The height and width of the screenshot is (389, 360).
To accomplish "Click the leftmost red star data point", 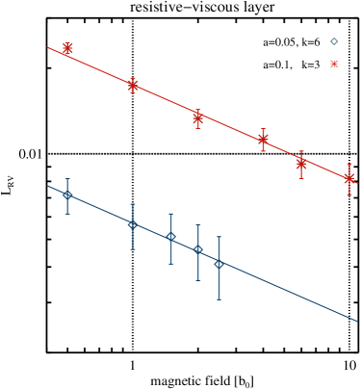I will coord(67,48).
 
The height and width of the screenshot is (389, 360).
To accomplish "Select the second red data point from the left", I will coord(133,85).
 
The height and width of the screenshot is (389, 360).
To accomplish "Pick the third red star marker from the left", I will coord(198,117).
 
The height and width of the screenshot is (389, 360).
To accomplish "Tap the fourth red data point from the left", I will coord(263,140).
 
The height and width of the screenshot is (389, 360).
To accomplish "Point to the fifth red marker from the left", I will coord(301,163).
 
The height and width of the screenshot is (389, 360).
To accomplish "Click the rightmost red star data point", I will coord(349,178).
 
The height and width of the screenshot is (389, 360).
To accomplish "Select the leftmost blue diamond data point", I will coord(67,194).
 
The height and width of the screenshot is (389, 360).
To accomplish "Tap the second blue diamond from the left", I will coord(133,224).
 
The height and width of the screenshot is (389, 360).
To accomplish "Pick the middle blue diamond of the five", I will coord(170,237).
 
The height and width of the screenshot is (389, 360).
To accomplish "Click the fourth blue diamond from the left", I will coord(198,250).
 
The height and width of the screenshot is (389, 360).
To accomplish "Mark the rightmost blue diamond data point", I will coord(219,264).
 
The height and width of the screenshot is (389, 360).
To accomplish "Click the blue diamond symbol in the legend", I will coord(334,41).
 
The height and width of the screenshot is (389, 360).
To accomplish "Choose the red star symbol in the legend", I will coord(334,64).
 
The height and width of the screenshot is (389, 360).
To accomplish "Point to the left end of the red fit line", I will coord(48,47).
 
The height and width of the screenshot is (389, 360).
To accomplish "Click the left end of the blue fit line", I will coord(48,187).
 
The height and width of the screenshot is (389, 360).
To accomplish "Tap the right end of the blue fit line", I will coord(357,321).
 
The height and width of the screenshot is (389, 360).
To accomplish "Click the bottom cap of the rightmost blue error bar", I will coord(219,298).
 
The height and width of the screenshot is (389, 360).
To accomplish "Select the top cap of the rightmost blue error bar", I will coord(219,237).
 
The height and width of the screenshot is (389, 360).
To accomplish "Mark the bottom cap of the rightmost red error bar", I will coord(349,195).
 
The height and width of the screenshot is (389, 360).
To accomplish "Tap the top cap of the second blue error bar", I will coord(133,204).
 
